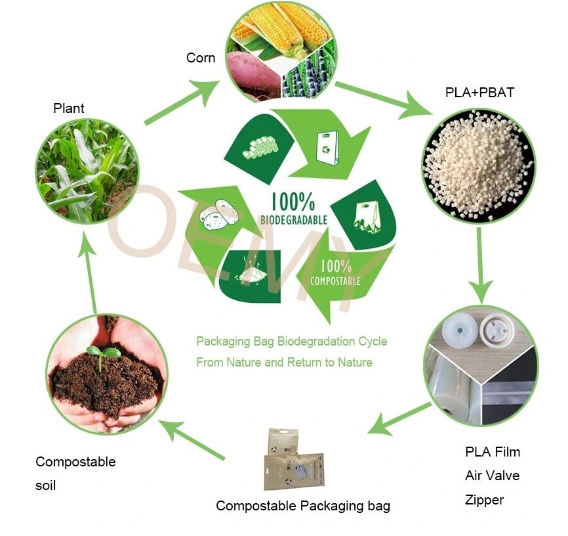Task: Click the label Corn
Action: (200, 58)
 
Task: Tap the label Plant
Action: (69, 108)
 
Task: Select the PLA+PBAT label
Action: (479, 93)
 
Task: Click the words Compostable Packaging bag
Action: (303, 506)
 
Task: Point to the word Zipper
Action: (485, 500)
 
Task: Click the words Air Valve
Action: (492, 476)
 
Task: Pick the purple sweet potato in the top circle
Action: (253, 72)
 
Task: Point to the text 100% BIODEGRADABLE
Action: (294, 209)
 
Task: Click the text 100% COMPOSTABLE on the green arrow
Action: (335, 273)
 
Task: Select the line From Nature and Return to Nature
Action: (284, 362)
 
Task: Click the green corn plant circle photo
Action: (87, 171)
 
